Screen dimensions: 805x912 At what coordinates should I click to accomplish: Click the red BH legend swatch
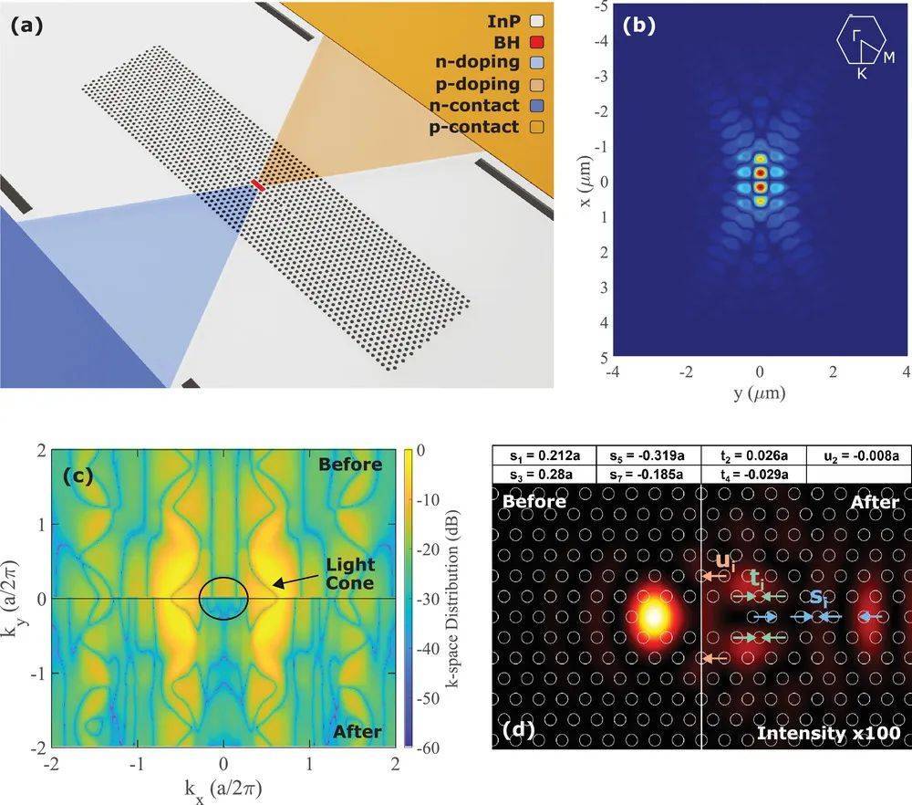point(537,41)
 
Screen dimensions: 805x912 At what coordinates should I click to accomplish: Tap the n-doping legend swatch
point(537,63)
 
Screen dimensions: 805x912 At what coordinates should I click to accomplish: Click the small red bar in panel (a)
point(259,185)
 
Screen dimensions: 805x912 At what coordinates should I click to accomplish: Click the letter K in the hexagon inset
point(861,75)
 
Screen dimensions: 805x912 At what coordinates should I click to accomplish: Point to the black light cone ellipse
point(223,599)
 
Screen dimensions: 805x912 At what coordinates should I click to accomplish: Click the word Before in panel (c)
point(350,464)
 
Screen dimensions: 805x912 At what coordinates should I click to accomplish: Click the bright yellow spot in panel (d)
point(653,615)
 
